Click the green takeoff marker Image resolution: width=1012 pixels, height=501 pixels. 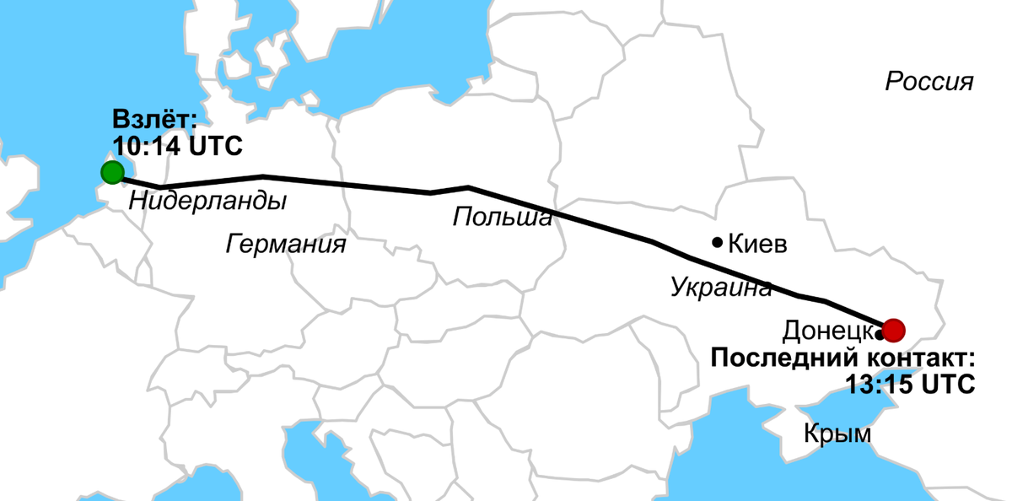pos(112,173)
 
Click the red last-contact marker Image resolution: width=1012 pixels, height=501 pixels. pos(893,328)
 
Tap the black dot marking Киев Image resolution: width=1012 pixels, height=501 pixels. pos(717,242)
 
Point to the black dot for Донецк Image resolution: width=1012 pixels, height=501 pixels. pos(880,335)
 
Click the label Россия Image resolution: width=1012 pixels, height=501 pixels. pos(929,83)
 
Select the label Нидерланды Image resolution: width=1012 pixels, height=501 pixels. pos(207,202)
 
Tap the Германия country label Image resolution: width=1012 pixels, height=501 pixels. pos(286,245)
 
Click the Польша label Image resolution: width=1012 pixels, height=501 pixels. pos(502,218)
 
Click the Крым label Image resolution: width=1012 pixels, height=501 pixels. pos(837,434)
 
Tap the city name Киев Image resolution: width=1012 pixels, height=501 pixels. pos(756,245)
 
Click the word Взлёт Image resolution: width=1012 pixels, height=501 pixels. pos(153,120)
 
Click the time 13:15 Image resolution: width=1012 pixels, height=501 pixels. pos(878,383)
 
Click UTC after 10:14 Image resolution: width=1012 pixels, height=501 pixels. pos(214,146)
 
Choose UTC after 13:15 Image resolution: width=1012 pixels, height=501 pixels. pos(946,383)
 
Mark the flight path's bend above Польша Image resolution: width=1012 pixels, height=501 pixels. pos(468,187)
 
